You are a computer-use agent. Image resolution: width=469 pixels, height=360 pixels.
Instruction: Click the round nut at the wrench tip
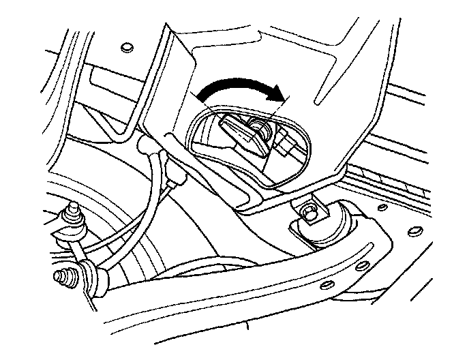(x=260, y=126)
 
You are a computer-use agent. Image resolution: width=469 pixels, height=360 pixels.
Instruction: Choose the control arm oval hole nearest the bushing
(x=362, y=265)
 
